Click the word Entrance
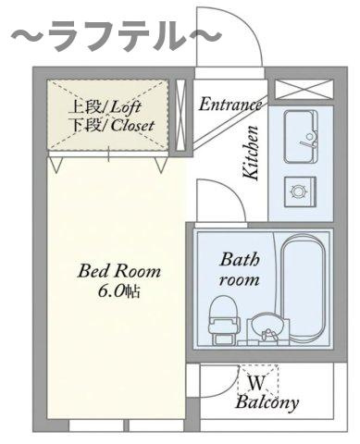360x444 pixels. tap(230, 105)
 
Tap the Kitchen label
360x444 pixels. tap(250, 153)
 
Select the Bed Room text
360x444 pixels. tap(119, 271)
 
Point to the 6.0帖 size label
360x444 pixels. tap(119, 290)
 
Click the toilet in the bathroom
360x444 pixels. tap(223, 320)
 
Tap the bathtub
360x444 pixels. tap(304, 290)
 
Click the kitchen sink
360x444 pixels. tap(301, 137)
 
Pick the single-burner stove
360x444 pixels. tap(300, 191)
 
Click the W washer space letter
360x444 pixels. tap(256, 383)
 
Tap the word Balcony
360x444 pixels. tap(267, 402)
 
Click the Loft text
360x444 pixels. tap(125, 107)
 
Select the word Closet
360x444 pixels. tap(132, 126)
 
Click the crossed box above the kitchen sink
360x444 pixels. tap(304, 90)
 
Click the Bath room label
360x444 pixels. tap(240, 269)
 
